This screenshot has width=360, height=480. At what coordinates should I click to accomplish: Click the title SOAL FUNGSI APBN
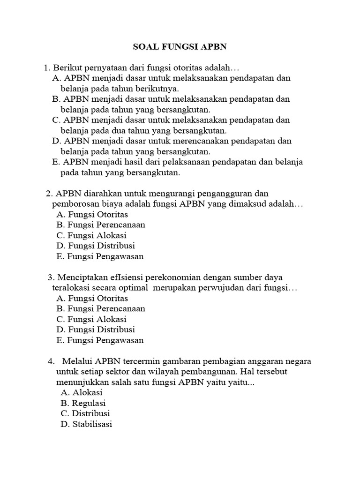(180, 47)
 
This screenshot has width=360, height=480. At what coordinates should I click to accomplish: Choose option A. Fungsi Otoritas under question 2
(92, 215)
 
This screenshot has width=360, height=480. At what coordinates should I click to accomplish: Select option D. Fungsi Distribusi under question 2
(95, 246)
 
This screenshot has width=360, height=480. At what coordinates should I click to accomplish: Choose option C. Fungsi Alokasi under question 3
(91, 319)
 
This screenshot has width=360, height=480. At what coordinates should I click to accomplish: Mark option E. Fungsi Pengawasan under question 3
(99, 340)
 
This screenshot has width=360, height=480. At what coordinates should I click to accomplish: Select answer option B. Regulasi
(83, 403)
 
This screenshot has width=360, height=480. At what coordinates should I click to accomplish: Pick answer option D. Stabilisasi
(86, 424)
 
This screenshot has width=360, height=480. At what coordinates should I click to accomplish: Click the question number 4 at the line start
(51, 361)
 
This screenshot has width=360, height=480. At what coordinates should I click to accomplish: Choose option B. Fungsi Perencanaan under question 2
(100, 225)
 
